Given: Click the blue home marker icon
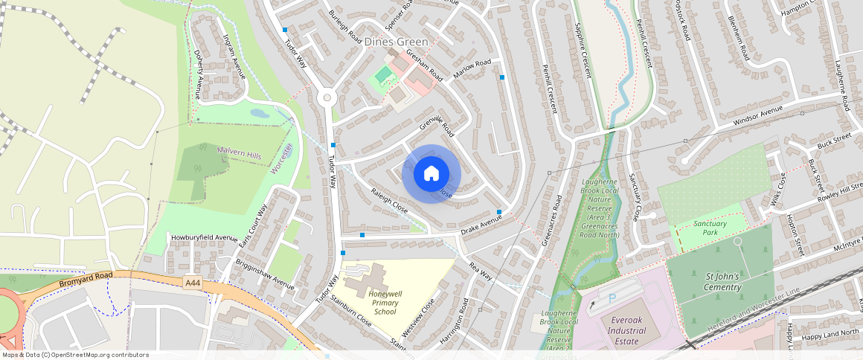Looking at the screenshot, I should (x=431, y=174).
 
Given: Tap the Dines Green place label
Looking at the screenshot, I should (x=397, y=42).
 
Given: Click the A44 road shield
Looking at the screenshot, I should (x=192, y=282).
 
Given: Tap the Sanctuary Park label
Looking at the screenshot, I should (x=710, y=228).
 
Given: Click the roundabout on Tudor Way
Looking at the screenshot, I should (x=325, y=97).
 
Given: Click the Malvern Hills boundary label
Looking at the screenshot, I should (x=239, y=152).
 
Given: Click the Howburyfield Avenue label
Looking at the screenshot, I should (x=204, y=238).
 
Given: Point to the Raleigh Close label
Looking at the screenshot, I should (x=390, y=202).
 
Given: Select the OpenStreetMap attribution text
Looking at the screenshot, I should (x=75, y=355).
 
